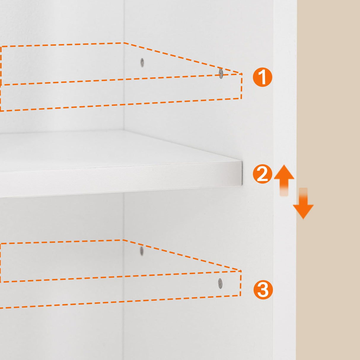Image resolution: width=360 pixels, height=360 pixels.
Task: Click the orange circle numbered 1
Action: [262, 77]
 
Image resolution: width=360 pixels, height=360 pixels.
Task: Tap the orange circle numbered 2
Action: [262, 174]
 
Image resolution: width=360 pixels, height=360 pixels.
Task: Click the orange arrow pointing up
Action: [284, 178]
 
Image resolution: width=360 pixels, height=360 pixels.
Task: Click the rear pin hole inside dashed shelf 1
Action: [142, 62]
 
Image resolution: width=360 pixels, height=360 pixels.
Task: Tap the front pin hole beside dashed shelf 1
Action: [221, 73]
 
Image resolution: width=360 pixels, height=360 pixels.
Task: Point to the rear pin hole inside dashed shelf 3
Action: [141, 251]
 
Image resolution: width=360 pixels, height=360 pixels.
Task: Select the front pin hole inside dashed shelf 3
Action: [220, 283]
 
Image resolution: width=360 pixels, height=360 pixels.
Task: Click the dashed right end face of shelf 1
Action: [241, 86]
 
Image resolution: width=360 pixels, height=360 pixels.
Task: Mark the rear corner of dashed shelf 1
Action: [124, 43]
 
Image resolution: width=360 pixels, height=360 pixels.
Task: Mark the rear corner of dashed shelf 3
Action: [122, 240]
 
